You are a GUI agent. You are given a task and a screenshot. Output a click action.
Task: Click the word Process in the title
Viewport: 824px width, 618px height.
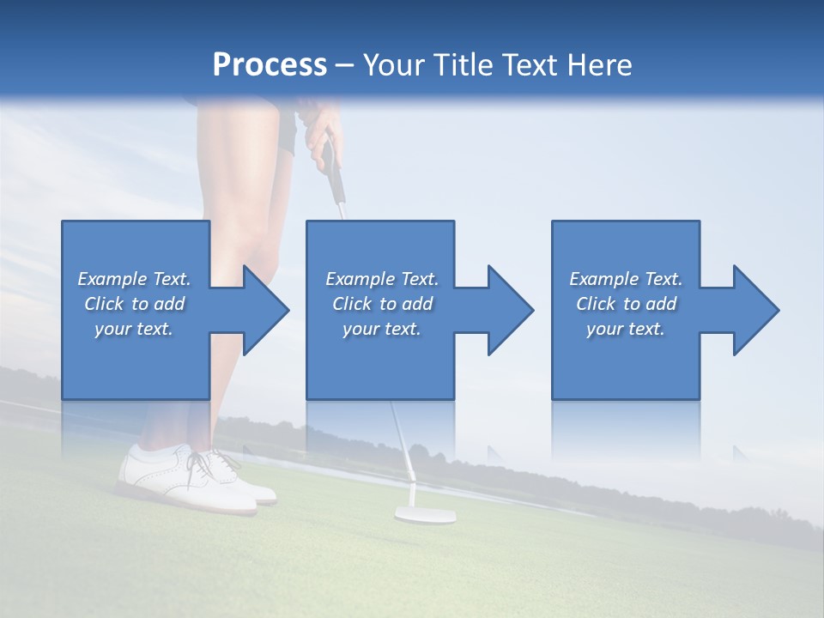(270, 64)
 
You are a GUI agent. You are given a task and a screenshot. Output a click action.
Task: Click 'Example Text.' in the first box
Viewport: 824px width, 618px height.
(134, 279)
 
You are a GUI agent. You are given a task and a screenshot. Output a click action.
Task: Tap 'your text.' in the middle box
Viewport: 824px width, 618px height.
(381, 329)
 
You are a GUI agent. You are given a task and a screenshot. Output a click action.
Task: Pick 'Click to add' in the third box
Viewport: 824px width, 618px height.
(626, 304)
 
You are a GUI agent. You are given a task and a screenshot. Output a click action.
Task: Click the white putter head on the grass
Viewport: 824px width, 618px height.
(424, 514)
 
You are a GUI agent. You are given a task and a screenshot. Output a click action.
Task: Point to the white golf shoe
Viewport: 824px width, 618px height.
(197, 477)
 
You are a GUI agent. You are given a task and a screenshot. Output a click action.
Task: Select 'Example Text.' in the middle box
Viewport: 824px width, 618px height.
(381, 279)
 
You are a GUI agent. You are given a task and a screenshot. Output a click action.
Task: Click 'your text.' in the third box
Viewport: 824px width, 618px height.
(626, 329)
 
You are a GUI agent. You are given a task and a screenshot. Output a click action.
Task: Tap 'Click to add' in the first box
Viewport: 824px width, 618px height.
(134, 304)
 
